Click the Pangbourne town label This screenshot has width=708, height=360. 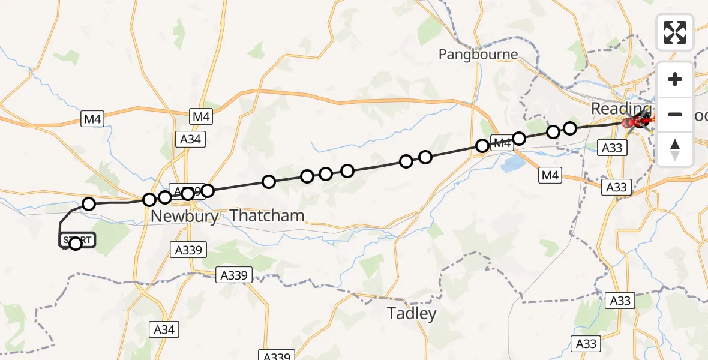pyautogui.click(x=478, y=55)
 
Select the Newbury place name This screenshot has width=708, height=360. pyautogui.click(x=185, y=216)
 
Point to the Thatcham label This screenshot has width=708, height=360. pyautogui.click(x=267, y=215)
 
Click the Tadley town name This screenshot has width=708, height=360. pyautogui.click(x=412, y=313)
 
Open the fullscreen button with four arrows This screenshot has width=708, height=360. pyautogui.click(x=675, y=32)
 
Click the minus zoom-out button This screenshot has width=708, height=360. pyautogui.click(x=675, y=114)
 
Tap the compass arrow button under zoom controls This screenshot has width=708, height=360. pyautogui.click(x=675, y=149)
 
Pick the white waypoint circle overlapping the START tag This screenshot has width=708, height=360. pyautogui.click(x=75, y=243)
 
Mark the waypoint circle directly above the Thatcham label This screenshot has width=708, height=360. pyautogui.click(x=269, y=181)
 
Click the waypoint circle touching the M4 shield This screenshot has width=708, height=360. pyautogui.click(x=482, y=145)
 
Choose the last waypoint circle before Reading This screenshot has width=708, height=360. pyautogui.click(x=570, y=128)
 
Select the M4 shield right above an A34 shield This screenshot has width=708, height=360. pyautogui.click(x=201, y=116)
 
